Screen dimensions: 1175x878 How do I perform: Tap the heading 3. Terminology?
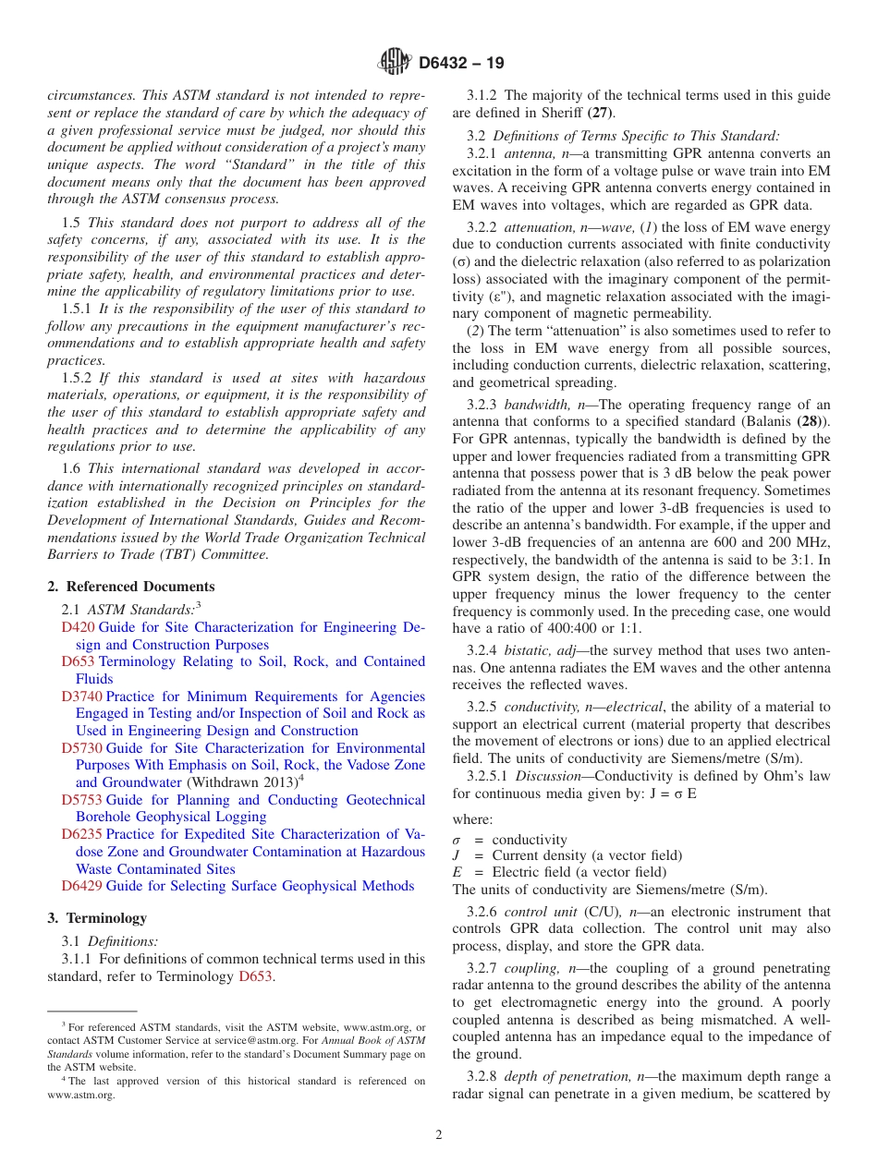(x=97, y=918)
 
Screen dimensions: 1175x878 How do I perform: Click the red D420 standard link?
(x=78, y=627)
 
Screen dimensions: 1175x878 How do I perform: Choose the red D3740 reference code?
(x=81, y=697)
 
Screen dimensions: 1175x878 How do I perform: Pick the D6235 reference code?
(x=81, y=834)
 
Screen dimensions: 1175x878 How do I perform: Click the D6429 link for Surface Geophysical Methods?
(x=81, y=886)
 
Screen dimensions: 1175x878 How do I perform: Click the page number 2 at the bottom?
(x=439, y=1135)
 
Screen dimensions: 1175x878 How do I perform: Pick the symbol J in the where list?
(x=457, y=855)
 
